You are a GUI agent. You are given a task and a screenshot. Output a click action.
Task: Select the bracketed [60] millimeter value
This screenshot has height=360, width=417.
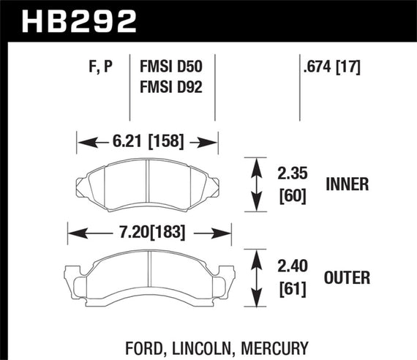click(x=290, y=196)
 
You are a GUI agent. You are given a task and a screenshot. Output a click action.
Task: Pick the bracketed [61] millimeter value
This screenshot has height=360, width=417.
click(x=290, y=288)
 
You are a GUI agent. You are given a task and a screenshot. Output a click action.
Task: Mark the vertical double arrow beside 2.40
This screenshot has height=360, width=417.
click(x=256, y=277)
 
